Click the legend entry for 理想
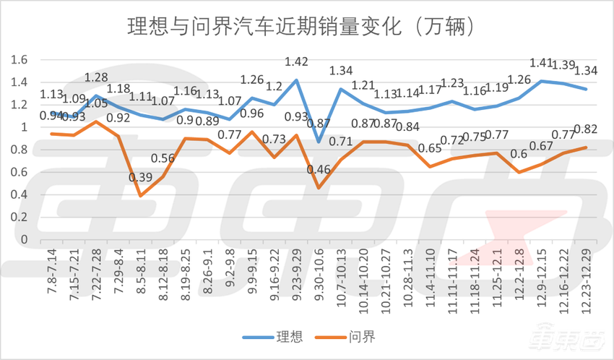[279, 337]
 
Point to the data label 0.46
[319, 170]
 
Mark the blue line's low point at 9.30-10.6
[319, 142]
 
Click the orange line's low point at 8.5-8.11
[140, 196]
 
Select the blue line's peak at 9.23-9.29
[296, 80]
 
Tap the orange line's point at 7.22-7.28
[95, 121]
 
